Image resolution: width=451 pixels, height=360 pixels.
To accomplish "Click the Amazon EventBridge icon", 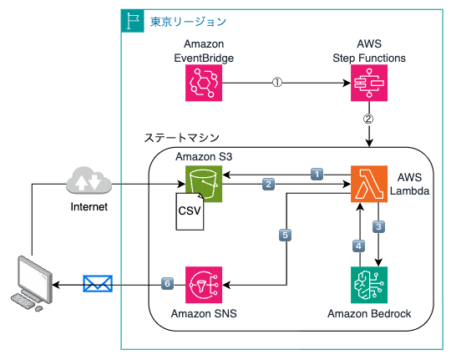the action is click(x=204, y=83).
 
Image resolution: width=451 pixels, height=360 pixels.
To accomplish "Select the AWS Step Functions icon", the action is click(x=369, y=83).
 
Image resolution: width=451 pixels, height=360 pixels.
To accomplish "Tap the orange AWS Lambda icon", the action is click(x=369, y=184).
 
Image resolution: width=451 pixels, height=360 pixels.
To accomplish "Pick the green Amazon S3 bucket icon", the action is click(x=204, y=184).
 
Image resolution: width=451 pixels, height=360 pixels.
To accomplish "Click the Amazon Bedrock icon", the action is click(x=369, y=285).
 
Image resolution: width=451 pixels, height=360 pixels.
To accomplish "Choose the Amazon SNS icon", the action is click(x=204, y=285).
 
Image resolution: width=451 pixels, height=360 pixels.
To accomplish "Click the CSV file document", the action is click(x=190, y=211).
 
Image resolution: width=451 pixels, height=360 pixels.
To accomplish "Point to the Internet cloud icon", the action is click(x=89, y=180).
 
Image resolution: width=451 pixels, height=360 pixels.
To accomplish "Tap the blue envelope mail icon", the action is click(x=98, y=283).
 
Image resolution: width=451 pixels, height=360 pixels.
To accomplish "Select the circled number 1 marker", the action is click(x=277, y=83).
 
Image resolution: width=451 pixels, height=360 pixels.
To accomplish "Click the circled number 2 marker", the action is click(x=369, y=119).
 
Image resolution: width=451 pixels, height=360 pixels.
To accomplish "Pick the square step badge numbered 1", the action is click(x=317, y=175).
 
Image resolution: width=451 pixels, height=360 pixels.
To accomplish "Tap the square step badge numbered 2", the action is click(x=268, y=184).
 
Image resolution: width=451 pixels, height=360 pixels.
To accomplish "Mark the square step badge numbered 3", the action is click(x=379, y=226).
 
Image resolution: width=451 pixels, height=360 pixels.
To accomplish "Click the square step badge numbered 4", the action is click(x=358, y=246).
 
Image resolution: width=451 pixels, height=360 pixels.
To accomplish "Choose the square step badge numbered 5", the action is click(x=286, y=235).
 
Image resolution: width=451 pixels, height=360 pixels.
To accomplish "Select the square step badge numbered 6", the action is click(x=167, y=283).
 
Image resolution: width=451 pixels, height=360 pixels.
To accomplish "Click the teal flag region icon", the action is click(x=133, y=21).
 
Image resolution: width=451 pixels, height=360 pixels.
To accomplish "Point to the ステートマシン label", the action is click(x=182, y=138).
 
